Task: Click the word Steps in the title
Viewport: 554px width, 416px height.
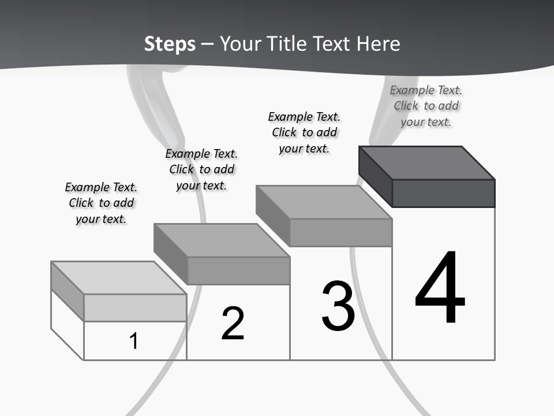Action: pos(170,44)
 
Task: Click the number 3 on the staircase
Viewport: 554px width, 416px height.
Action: pos(338,306)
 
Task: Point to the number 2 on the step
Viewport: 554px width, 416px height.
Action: pos(233,324)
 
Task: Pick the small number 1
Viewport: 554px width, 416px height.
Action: pos(134,341)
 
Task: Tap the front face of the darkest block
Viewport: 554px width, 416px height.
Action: pos(443,193)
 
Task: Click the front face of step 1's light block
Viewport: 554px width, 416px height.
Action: pos(135,307)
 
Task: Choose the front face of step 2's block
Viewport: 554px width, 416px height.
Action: pos(238,270)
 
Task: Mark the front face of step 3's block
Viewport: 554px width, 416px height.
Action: pos(340,232)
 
